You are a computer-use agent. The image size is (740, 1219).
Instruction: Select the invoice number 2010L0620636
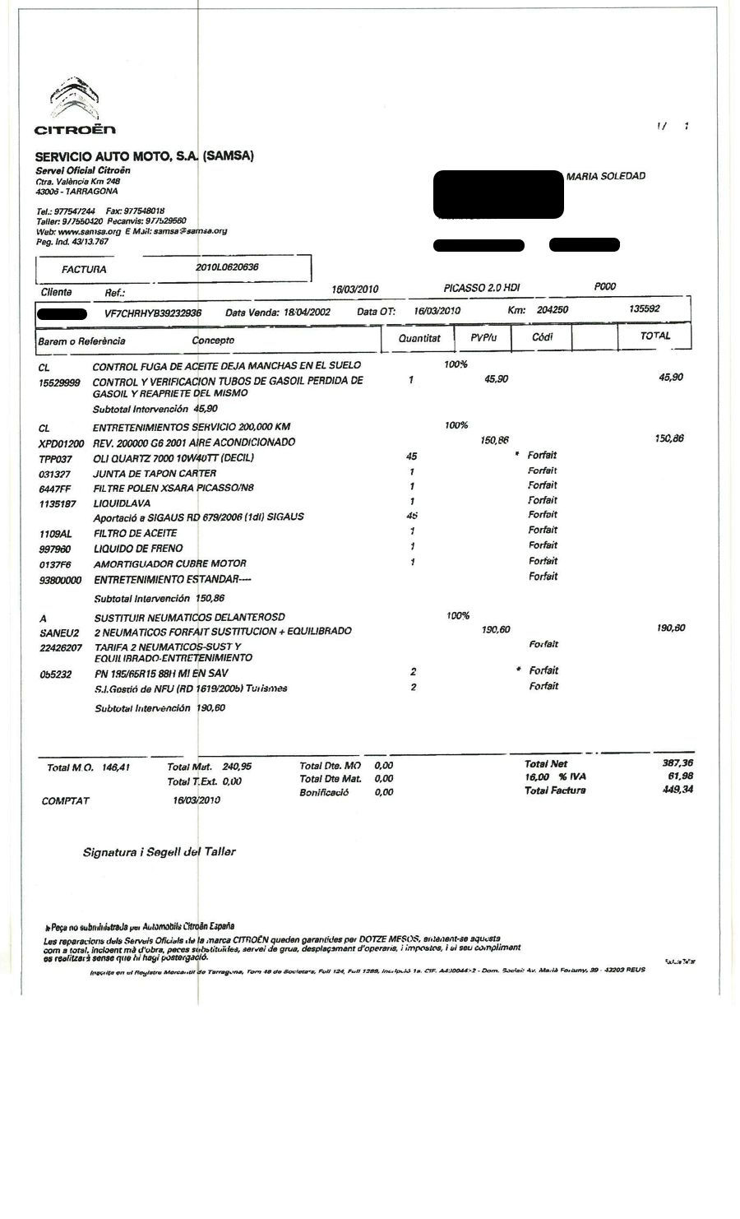click(x=228, y=267)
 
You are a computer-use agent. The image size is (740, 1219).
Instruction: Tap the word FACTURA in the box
click(x=84, y=269)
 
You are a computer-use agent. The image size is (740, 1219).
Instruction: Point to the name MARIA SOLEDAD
click(x=606, y=176)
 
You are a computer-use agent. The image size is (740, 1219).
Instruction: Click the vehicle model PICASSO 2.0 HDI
click(x=481, y=288)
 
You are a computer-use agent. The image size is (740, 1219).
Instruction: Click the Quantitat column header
click(x=419, y=338)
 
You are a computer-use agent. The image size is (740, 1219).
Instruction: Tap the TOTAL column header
click(x=655, y=336)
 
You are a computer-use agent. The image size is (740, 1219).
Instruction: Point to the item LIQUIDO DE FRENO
click(x=138, y=549)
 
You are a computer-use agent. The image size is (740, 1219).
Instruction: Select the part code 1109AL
click(x=55, y=534)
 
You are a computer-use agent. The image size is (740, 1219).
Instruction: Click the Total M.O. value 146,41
click(x=118, y=767)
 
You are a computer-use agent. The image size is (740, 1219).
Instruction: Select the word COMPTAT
click(x=66, y=800)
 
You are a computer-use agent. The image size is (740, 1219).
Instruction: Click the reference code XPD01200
click(x=62, y=443)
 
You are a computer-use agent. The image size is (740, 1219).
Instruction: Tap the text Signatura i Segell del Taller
click(x=159, y=852)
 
